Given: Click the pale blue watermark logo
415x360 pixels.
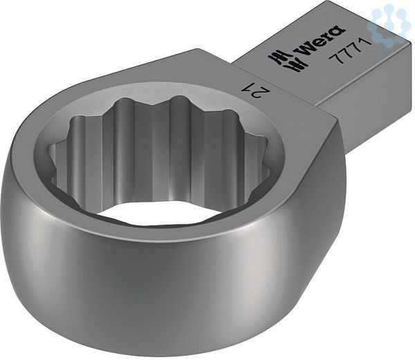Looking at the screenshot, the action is tap(388, 23).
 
